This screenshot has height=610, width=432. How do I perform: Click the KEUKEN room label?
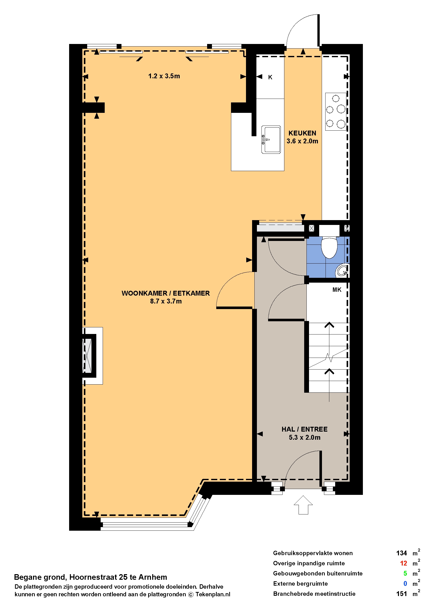(302, 133)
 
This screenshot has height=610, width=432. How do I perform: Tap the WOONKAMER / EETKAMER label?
(165, 293)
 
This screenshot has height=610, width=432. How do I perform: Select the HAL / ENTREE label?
(304, 429)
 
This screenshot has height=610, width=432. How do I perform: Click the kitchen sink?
(271, 140)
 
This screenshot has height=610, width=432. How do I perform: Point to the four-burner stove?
(336, 112)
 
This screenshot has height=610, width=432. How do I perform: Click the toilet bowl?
(329, 247)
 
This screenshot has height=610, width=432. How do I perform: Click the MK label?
(337, 290)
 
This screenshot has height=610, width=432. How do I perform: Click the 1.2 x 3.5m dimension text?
(164, 76)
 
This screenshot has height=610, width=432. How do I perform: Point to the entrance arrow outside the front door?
(303, 505)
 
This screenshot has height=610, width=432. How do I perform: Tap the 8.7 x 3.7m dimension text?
(166, 301)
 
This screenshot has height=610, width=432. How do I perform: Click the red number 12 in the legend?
(403, 563)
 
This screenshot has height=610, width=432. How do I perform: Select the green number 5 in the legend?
(405, 573)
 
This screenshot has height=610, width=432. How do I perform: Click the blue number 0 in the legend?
(405, 583)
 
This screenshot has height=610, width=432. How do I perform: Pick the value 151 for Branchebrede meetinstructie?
(402, 593)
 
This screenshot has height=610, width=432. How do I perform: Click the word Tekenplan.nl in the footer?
(213, 594)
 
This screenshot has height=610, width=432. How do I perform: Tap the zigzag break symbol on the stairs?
(329, 358)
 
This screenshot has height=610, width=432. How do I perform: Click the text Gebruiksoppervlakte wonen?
(313, 553)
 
